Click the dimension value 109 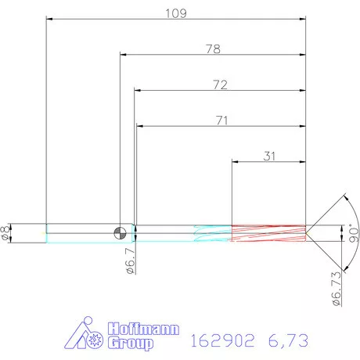pos(175,13)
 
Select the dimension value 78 pos(212,49)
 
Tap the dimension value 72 pos(219,85)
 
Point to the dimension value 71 pos(221,120)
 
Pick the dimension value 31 pos(268,156)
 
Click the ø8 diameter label pos(7,232)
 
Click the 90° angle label pos(353,232)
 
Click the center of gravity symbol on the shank pos(120,232)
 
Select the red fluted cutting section pos(268,232)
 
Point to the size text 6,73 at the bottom pos(286,340)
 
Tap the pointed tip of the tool pos(306,232)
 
